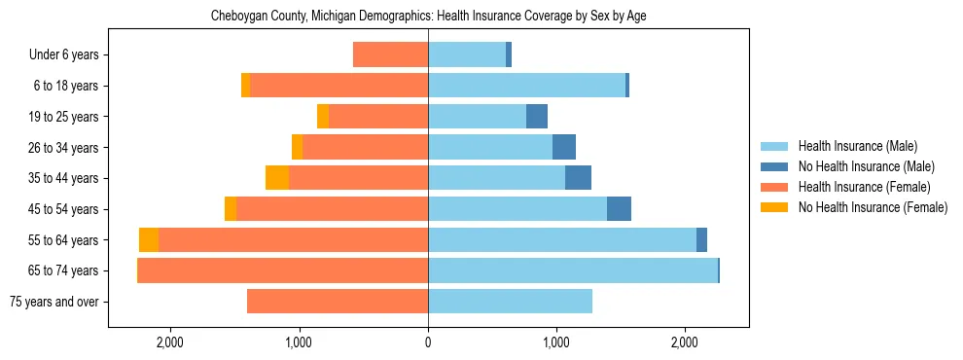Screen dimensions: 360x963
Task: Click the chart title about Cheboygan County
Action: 428,17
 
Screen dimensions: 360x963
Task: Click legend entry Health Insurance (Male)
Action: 857,146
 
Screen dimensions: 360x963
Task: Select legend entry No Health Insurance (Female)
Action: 873,207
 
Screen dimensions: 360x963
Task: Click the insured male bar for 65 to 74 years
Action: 572,270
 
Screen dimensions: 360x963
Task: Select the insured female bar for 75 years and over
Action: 338,302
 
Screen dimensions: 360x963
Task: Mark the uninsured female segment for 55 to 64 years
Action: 149,240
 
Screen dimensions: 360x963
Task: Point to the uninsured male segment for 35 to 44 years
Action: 578,178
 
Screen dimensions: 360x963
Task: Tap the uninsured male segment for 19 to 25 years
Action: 537,117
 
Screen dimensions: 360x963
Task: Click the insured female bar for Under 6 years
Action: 390,55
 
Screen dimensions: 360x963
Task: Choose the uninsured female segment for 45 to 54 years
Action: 231,209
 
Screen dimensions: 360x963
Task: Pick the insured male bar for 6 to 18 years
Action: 526,86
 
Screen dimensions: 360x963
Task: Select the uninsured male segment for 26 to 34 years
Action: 564,148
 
